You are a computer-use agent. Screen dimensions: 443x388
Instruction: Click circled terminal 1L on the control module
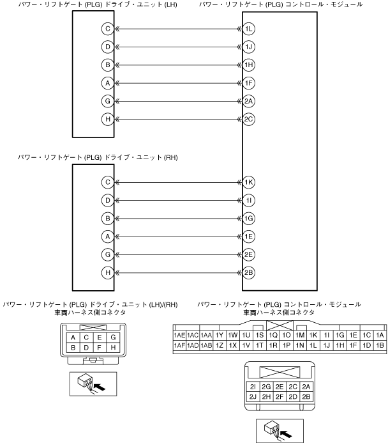pos(249,29)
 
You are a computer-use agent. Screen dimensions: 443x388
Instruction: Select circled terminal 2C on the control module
pos(249,119)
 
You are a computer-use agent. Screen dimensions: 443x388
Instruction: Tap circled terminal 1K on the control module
pos(249,182)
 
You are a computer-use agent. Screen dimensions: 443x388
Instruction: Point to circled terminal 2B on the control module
pos(249,272)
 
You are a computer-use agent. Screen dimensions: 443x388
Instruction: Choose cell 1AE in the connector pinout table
pos(179,335)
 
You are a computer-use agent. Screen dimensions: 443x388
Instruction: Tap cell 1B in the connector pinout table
pos(380,346)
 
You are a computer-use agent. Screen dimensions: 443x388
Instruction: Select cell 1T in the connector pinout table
pos(260,346)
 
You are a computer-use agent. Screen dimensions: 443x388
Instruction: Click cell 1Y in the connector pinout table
pos(220,335)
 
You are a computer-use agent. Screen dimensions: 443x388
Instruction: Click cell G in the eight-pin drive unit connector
pos(112,337)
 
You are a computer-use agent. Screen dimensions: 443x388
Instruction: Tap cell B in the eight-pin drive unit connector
pos(74,348)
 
